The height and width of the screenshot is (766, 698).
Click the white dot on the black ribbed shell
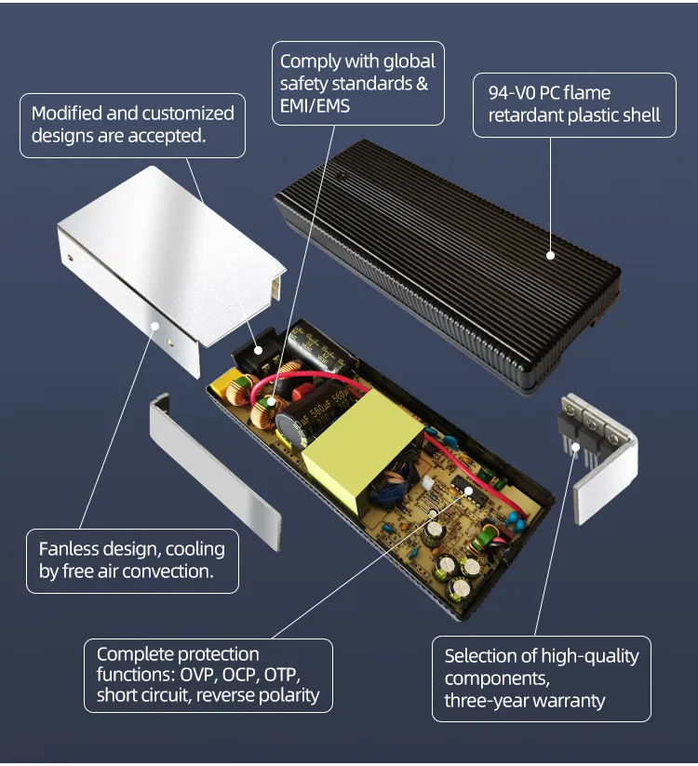click(550, 253)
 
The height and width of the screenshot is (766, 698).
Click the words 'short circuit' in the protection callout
click(141, 695)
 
